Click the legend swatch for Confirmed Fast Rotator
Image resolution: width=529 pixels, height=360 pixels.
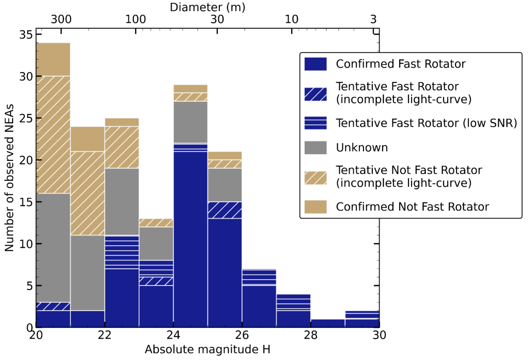315,64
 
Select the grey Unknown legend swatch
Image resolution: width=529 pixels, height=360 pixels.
315,148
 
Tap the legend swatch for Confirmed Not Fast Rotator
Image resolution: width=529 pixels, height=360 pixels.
315,207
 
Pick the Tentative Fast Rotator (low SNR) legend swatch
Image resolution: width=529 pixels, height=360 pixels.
315,123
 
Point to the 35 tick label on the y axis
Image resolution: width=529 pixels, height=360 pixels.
26,35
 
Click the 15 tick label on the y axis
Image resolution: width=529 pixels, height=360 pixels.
26,202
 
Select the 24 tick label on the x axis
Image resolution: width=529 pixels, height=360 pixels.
173,335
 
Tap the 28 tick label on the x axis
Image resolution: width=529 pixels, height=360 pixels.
311,335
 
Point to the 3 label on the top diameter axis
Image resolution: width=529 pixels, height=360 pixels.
373,19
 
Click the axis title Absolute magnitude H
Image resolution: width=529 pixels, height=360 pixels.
208,350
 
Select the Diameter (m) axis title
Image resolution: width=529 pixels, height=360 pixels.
208,7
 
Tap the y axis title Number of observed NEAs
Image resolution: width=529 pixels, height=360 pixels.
9,178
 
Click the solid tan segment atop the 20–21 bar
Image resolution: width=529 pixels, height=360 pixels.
53,59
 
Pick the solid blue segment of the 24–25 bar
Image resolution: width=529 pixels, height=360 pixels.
190,239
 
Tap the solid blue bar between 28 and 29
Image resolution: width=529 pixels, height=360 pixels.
328,323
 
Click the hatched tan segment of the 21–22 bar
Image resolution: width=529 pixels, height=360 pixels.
88,194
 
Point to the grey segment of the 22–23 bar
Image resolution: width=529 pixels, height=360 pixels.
122,202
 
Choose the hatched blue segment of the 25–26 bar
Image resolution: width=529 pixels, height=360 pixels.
225,210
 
